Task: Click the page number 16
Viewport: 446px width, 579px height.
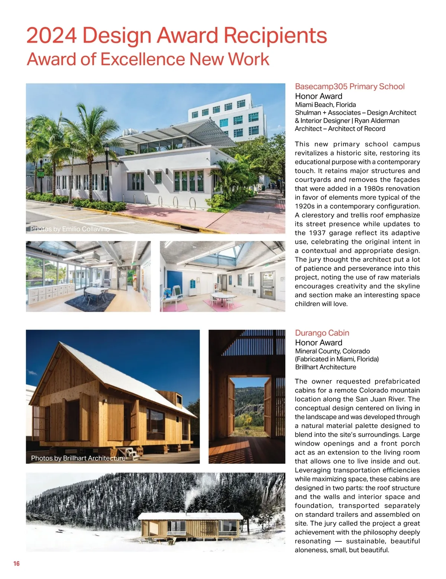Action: point(16,563)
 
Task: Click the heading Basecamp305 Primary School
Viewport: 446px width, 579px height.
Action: point(349,87)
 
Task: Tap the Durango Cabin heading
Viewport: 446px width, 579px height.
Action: point(322,333)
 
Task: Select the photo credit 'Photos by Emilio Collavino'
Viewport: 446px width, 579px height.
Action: point(70,229)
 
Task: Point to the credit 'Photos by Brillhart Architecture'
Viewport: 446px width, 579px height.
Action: point(78,458)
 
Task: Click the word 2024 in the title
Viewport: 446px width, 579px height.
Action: point(51,36)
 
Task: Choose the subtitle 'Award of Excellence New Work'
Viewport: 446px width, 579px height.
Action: point(148,59)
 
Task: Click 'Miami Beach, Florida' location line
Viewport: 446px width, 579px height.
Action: point(325,105)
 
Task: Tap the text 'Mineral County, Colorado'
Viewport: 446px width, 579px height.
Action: point(332,351)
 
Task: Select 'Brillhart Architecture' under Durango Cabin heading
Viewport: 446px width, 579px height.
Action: point(325,367)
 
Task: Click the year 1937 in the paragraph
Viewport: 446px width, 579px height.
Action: point(319,233)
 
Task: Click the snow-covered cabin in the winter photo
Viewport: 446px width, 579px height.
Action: point(190,524)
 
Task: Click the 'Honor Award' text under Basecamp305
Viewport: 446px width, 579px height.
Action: point(319,96)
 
